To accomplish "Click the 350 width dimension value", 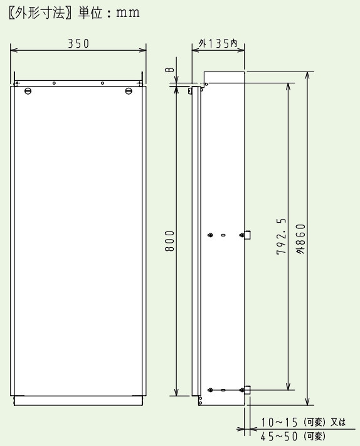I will [x=78, y=43].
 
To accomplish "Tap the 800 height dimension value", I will [x=170, y=241].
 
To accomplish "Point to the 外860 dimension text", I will [x=302, y=238].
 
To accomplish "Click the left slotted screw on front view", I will [x=27, y=91].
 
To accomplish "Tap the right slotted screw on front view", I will [x=129, y=91].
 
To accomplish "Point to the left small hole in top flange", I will [x=55, y=83].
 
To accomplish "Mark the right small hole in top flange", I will [x=102, y=83].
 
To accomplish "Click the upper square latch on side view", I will [x=248, y=235].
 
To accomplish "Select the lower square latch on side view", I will [x=248, y=390].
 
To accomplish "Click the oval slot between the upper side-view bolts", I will [x=223, y=235].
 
